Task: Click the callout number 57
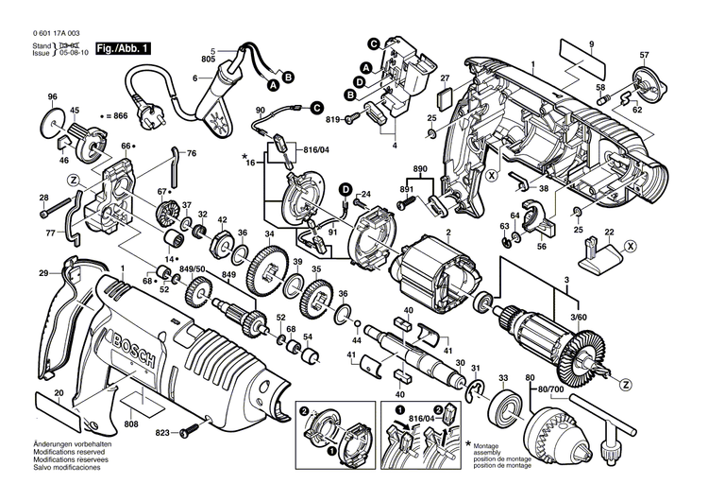tap(645, 55)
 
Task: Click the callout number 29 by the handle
tap(43, 273)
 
